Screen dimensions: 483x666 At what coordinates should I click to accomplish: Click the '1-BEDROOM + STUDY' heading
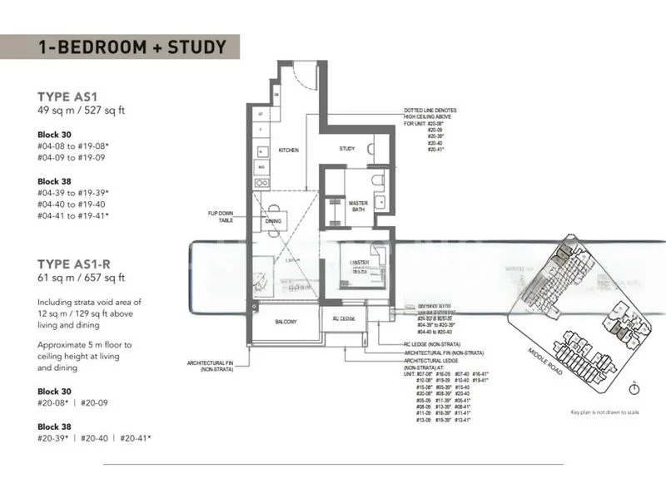pyautogui.click(x=132, y=47)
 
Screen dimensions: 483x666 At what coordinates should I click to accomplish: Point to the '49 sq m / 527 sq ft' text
pyautogui.click(x=81, y=110)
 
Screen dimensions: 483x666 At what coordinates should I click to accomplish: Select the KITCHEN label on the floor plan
pyautogui.click(x=288, y=150)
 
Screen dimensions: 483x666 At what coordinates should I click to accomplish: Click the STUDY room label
pyautogui.click(x=347, y=149)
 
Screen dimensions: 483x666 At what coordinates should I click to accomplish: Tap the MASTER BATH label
pyautogui.click(x=359, y=205)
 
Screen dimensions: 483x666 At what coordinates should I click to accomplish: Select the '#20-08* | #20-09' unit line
pyautogui.click(x=71, y=402)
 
